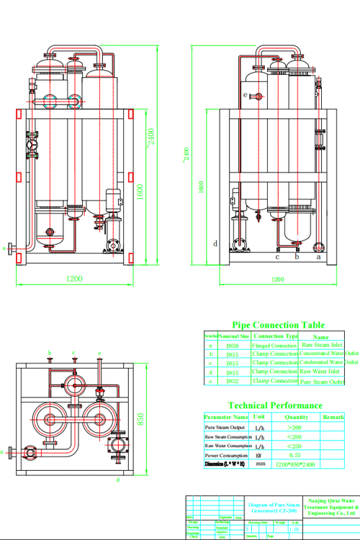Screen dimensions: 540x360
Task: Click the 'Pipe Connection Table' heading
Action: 278,325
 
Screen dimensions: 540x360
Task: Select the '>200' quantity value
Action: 296,427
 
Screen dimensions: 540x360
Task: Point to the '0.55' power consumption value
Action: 296,456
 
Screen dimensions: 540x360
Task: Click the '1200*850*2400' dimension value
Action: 296,465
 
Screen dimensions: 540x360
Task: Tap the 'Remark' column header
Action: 333,417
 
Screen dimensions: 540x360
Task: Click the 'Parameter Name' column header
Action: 226,417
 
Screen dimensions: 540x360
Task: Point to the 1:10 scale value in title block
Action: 294,529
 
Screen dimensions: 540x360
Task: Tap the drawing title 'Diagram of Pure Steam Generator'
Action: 276,508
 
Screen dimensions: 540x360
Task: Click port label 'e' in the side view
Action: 245,95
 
